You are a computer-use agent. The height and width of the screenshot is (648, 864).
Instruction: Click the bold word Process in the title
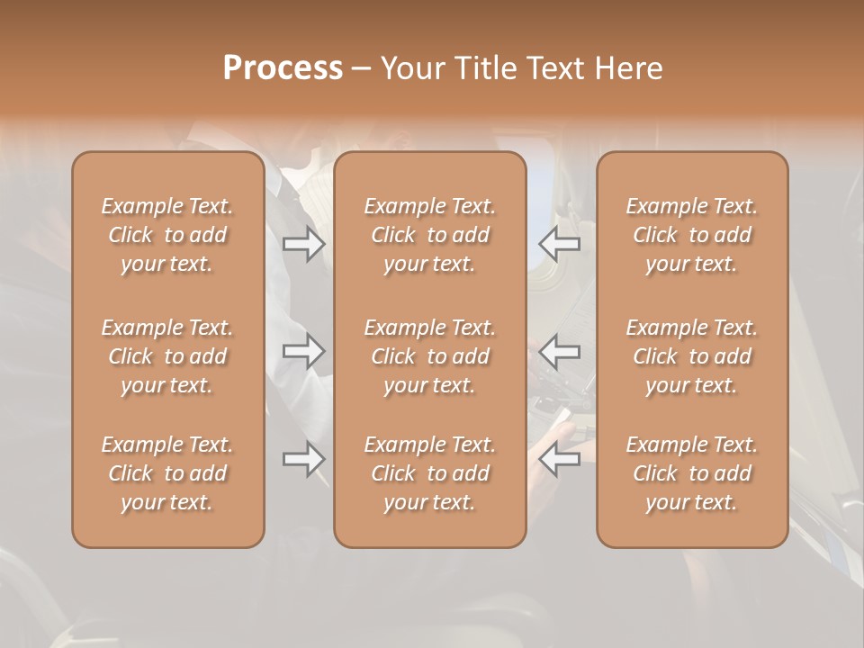pos(283,68)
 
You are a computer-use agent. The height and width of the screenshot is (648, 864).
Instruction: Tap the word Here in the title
pos(629,68)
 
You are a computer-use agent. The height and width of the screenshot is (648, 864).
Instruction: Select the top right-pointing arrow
pos(303,243)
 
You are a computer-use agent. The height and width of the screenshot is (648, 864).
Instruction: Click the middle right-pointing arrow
pos(303,351)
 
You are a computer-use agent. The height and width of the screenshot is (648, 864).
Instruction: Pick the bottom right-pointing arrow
pos(303,459)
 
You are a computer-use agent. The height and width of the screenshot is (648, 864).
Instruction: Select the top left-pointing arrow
pos(560,243)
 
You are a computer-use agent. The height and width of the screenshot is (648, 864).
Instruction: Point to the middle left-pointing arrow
pos(560,351)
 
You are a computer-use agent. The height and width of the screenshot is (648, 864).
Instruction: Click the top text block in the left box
pos(167,235)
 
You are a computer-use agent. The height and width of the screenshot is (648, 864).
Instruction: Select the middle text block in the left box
pos(167,356)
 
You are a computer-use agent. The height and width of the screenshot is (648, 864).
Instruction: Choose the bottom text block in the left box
pos(167,473)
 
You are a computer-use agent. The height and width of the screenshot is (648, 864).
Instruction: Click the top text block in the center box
pos(430,235)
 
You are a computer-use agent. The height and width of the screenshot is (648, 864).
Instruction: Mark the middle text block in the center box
pos(430,356)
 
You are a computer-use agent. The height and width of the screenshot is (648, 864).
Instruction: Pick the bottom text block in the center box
pos(430,473)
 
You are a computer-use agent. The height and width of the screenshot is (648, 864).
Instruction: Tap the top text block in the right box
pos(692,235)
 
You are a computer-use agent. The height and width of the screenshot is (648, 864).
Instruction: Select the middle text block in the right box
pos(692,356)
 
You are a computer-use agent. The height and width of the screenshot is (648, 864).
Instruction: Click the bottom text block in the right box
pos(692,473)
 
